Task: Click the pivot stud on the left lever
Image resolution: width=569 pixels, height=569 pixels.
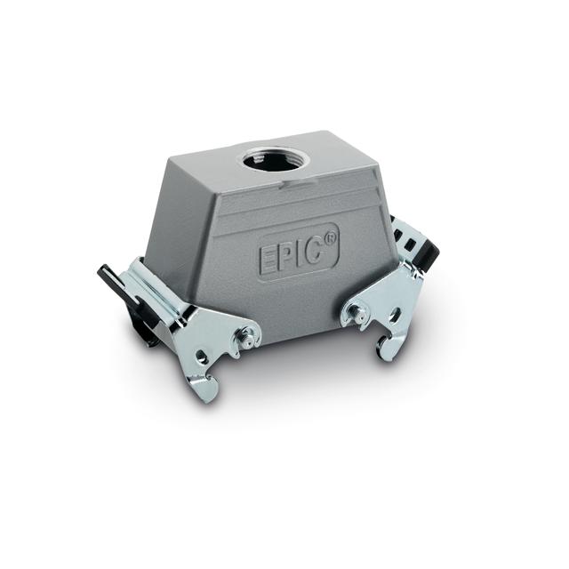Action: [247, 337]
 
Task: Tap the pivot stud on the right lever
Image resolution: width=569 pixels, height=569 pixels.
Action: [355, 312]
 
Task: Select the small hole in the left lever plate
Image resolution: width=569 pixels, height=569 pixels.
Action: [204, 357]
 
